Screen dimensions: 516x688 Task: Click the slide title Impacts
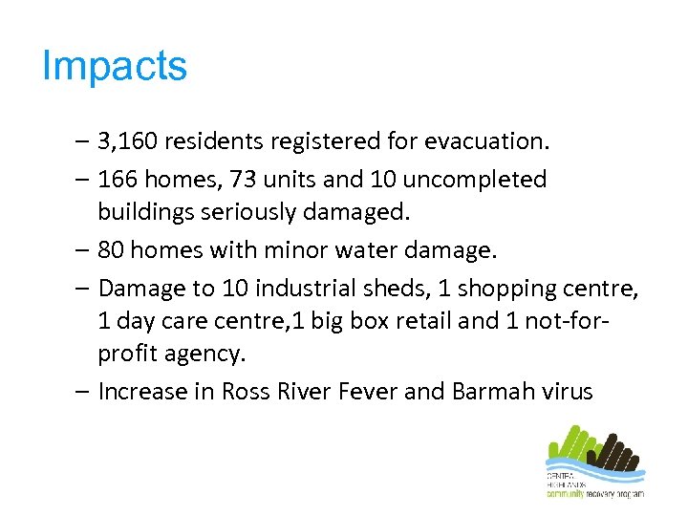click(115, 67)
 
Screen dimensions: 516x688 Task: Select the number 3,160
click(130, 142)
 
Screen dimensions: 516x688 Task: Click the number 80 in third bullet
click(112, 250)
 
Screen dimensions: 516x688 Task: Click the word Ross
click(246, 392)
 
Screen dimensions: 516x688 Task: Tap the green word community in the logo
click(565, 494)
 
